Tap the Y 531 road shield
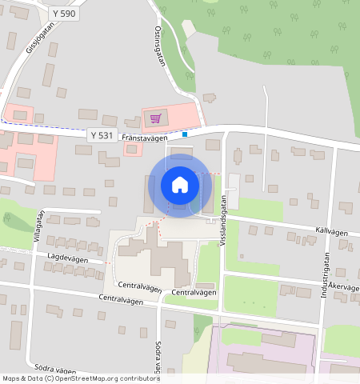(102, 135)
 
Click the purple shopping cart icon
(155, 118)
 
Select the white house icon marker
(180, 185)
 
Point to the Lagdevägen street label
(66, 257)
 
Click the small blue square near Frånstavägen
(185, 134)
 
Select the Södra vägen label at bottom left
(55, 371)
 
